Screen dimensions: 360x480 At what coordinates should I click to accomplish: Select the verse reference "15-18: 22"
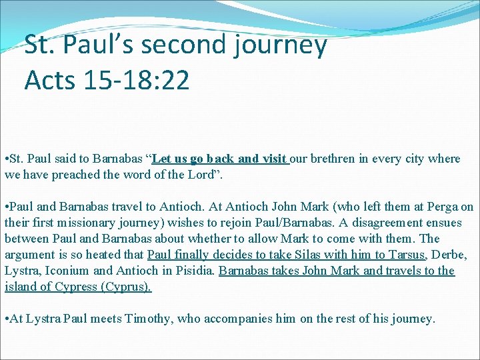pyautogui.click(x=137, y=80)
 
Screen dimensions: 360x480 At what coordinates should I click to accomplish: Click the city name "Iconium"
pyautogui.click(x=65, y=271)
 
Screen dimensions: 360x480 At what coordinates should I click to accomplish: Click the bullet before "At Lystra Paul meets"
pyautogui.click(x=6, y=319)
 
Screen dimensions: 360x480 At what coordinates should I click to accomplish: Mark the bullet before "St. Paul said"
pyautogui.click(x=6, y=159)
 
